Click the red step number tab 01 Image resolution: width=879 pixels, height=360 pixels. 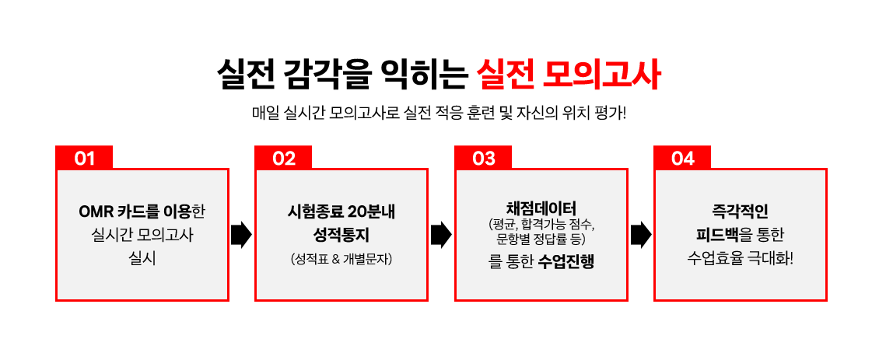(84, 158)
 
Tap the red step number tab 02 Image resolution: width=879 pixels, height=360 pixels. (283, 158)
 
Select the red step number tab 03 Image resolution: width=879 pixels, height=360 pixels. (482, 158)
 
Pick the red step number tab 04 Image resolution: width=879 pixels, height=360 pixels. (682, 158)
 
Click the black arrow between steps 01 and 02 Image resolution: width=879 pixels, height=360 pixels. (242, 235)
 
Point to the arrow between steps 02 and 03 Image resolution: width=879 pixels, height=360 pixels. (441, 235)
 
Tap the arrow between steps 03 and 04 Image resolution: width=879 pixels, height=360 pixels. (641, 235)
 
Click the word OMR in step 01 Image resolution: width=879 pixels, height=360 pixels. (96, 212)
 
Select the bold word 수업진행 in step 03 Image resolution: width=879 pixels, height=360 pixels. (565, 262)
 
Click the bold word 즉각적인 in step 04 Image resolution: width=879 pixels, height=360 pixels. (740, 212)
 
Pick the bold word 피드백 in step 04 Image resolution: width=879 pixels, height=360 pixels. (716, 235)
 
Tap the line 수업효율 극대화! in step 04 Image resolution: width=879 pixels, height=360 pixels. (740, 260)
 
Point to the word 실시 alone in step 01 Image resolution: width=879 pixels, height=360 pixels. (142, 260)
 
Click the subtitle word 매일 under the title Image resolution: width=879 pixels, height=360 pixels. (264, 114)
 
